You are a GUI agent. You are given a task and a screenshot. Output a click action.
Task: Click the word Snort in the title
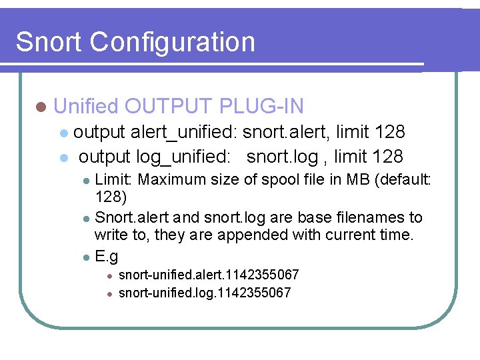point(49,42)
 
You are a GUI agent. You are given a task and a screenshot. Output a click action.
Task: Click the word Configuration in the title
point(173,42)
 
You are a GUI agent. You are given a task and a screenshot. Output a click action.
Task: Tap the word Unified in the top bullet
point(85,106)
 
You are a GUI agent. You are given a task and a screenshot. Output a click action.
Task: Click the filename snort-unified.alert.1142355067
point(208,275)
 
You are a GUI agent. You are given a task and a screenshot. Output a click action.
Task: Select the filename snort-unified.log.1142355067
point(204,293)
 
